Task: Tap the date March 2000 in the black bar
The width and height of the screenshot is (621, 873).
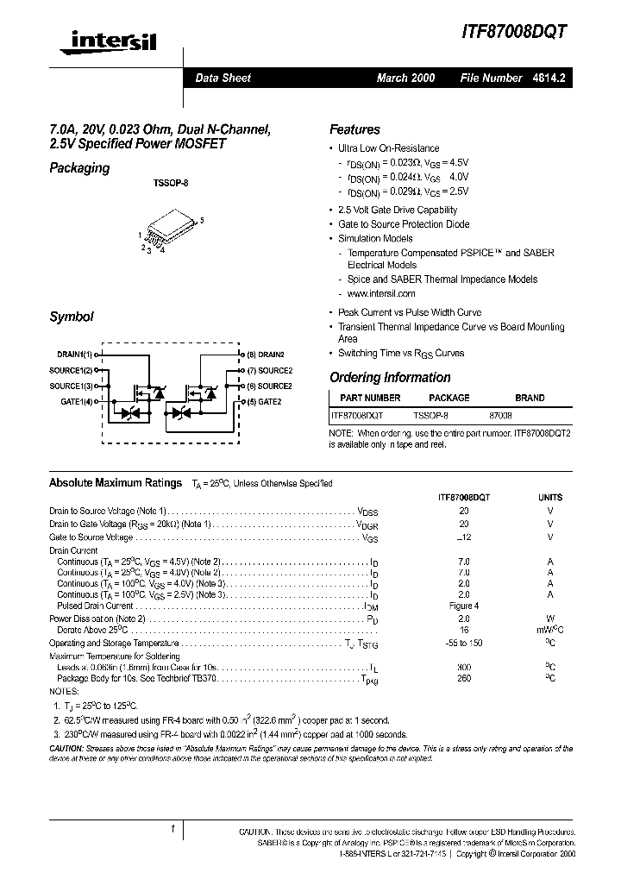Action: (405, 78)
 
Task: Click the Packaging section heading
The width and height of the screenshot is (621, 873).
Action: (79, 168)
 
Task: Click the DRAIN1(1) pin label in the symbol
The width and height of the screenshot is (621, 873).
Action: (75, 355)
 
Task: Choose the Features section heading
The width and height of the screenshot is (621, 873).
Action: (354, 129)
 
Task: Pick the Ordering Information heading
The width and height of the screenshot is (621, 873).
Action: (390, 377)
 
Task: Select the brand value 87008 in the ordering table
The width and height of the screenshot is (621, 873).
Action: (500, 415)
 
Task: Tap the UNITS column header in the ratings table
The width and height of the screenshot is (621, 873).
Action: (550, 497)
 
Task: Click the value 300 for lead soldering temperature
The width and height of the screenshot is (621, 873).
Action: (464, 668)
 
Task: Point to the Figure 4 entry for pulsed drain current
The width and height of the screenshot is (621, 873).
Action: (464, 606)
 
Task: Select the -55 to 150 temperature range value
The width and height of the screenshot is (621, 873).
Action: (464, 644)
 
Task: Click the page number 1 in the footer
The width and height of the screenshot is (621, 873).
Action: (174, 829)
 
